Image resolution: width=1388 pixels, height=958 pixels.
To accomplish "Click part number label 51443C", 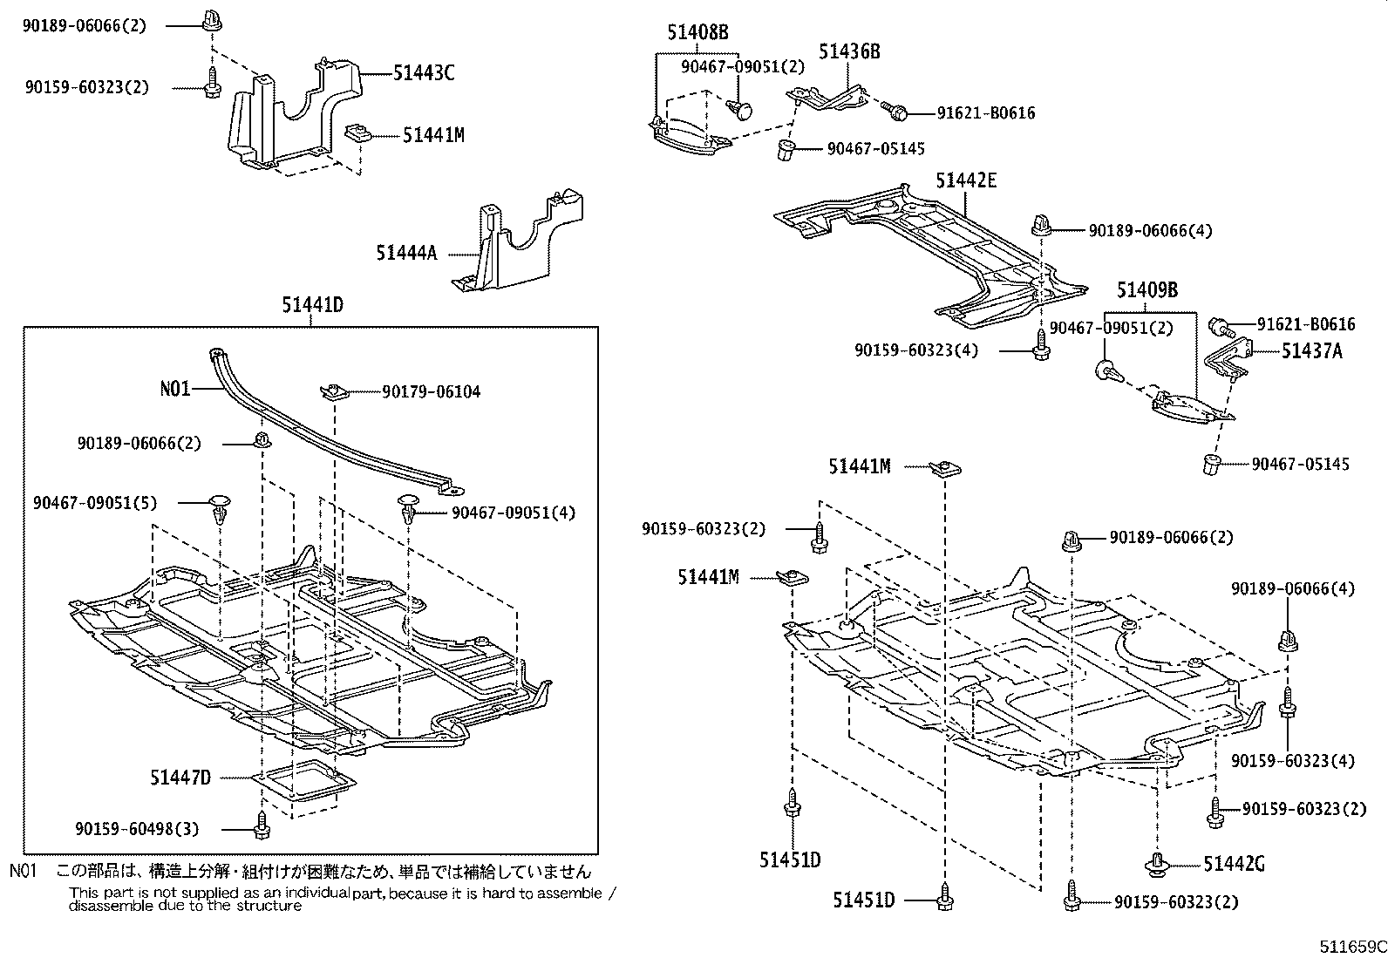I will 423,73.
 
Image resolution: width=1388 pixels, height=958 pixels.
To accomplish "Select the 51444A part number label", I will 405,253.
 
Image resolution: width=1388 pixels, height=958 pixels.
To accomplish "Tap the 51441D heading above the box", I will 312,305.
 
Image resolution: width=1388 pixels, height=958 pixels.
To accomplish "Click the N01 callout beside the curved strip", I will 174,389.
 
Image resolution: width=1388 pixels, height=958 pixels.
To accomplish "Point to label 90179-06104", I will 431,392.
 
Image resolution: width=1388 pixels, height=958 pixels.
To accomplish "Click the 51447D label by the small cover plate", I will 180,778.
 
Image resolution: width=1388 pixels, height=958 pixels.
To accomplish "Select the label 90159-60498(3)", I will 137,829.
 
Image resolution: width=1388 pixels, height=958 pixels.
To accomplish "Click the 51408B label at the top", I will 697,33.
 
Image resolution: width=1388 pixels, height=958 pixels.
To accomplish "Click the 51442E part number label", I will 966,180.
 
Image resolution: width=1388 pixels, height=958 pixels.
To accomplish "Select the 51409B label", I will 1146,290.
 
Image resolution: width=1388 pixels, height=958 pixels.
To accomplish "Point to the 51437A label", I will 1311,351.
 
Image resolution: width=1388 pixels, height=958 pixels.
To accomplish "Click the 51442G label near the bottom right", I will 1234,864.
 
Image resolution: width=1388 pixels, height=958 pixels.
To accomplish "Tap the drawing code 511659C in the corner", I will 1351,947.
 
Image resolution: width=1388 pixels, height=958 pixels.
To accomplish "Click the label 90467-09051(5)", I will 96,502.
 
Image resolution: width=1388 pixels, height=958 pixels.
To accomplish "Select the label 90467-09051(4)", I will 514,513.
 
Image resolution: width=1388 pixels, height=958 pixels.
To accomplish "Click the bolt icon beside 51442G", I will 1158,864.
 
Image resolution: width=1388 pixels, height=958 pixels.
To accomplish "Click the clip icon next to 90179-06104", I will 334,391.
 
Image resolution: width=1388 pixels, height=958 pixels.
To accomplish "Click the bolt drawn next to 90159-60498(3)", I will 261,827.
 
